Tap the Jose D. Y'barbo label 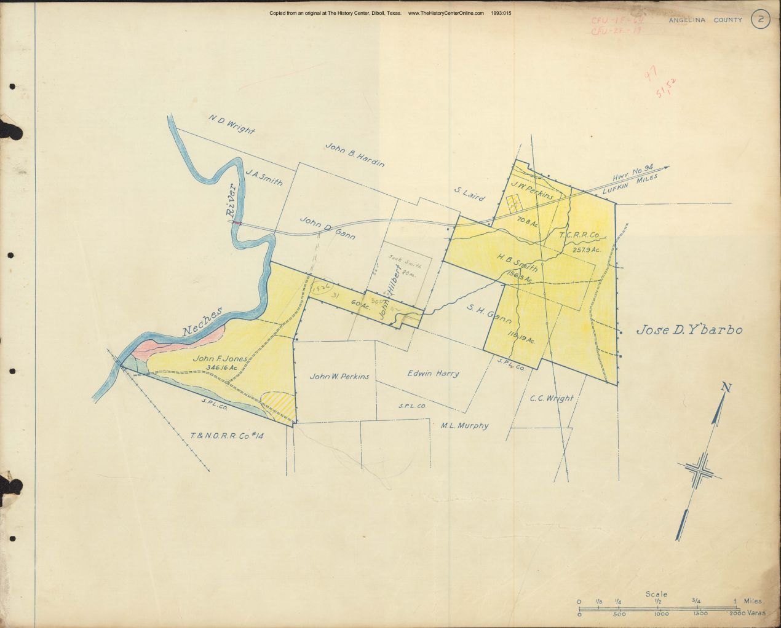point(689,330)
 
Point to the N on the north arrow point(726,387)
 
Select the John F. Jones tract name point(220,358)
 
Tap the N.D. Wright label point(231,123)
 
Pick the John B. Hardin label point(355,155)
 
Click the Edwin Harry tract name point(433,373)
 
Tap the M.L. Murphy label point(464,425)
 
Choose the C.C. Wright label point(551,398)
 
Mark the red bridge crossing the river point(236,223)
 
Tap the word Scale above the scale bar point(656,594)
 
